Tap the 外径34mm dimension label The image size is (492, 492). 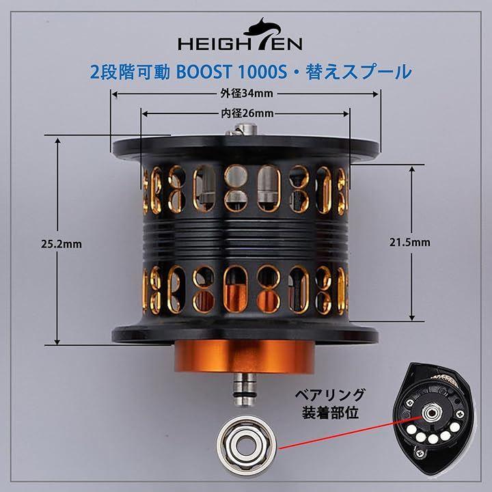click(x=247, y=93)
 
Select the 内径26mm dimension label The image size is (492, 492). click(x=247, y=113)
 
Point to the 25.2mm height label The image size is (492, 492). click(x=61, y=244)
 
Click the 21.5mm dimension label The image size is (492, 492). click(x=410, y=242)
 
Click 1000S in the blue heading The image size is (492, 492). click(x=263, y=72)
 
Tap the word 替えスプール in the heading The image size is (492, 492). click(x=359, y=72)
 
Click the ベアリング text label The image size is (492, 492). click(x=330, y=395)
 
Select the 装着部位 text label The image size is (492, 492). click(x=330, y=413)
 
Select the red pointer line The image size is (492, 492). click(x=351, y=432)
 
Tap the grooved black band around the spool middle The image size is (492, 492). click(x=245, y=238)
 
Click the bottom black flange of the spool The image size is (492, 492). click(x=245, y=333)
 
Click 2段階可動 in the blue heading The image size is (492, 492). click(x=130, y=72)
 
